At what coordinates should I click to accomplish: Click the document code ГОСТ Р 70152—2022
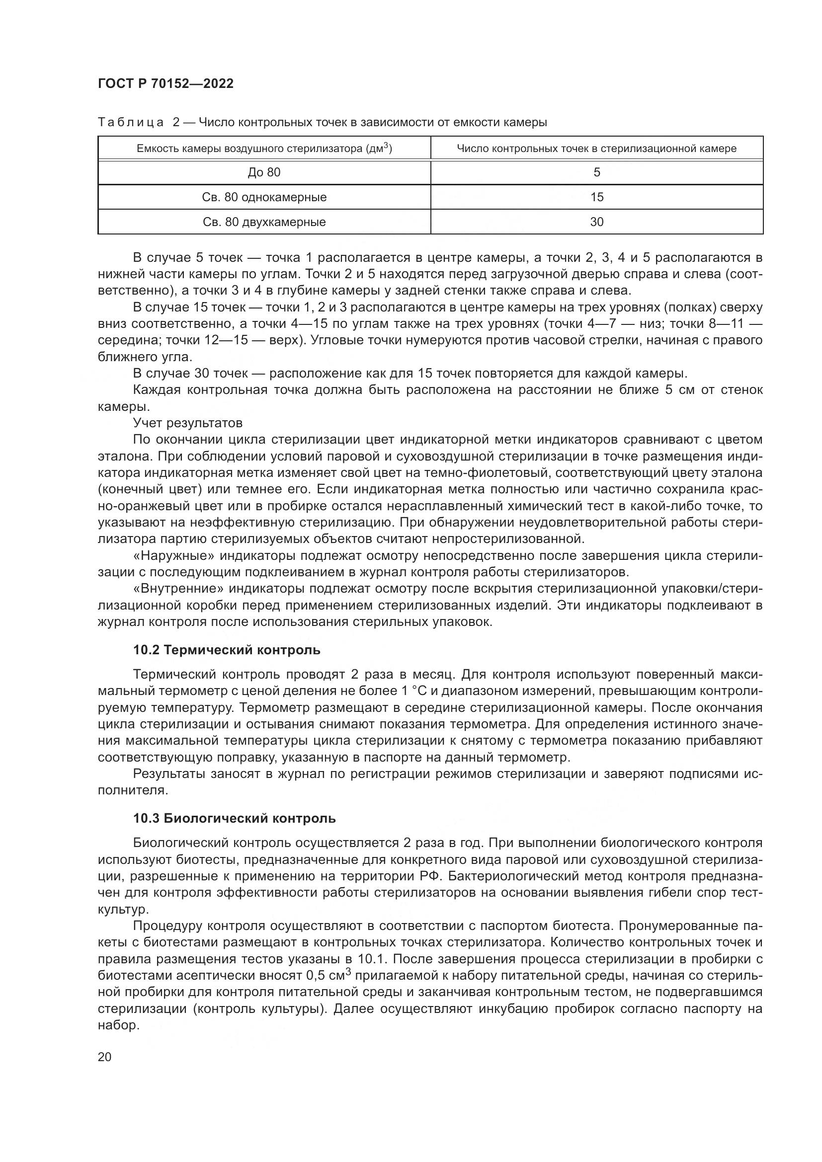(165, 84)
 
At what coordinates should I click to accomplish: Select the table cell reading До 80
(264, 172)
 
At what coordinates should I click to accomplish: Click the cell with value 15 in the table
(597, 197)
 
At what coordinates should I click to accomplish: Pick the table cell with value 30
(597, 222)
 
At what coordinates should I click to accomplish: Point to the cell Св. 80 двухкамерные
(264, 222)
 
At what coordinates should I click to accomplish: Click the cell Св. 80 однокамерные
(264, 197)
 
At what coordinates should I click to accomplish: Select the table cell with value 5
(597, 172)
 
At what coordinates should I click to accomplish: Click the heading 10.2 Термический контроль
(227, 650)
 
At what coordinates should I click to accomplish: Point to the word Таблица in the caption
(131, 123)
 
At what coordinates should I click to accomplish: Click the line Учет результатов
(188, 423)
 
